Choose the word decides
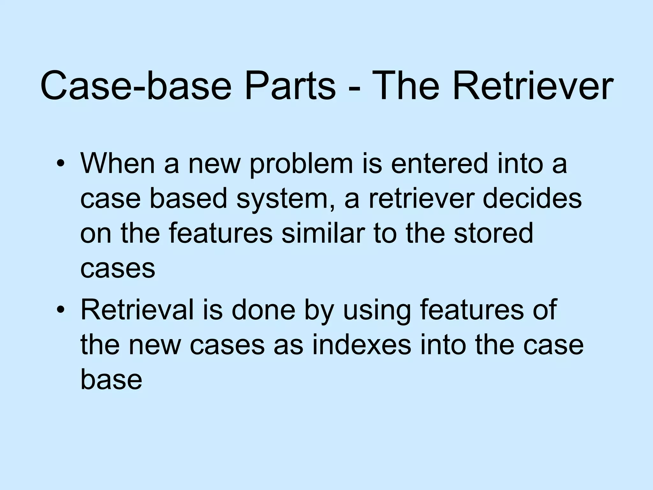532,198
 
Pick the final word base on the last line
111,380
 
